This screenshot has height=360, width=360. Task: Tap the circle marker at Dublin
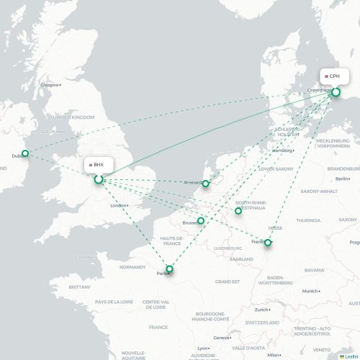pyautogui.click(x=25, y=153)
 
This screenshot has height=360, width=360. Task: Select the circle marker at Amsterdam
pyautogui.click(x=205, y=184)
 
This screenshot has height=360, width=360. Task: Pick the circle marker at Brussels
pyautogui.click(x=201, y=222)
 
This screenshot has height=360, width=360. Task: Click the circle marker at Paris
pyautogui.click(x=170, y=270)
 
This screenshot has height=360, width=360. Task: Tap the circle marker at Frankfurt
pyautogui.click(x=268, y=243)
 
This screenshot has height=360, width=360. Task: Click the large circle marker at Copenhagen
pyautogui.click(x=336, y=92)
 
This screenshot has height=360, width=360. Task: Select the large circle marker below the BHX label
pyautogui.click(x=99, y=179)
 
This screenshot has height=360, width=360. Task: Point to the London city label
pyautogui.click(x=119, y=205)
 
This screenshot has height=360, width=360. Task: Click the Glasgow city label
pyautogui.click(x=50, y=85)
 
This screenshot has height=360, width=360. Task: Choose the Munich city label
pyautogui.click(x=310, y=291)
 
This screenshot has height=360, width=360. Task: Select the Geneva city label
pyautogui.click(x=221, y=338)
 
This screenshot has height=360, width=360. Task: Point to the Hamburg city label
pyautogui.click(x=283, y=150)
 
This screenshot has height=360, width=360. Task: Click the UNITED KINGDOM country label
pyautogui.click(x=73, y=117)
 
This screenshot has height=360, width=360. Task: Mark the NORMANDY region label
pyautogui.click(x=132, y=267)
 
